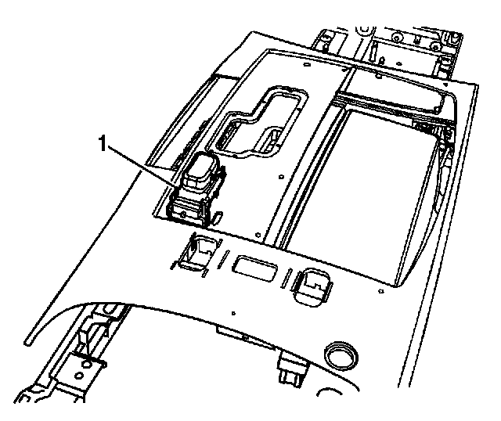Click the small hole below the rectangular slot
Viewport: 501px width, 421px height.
tap(235, 308)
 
